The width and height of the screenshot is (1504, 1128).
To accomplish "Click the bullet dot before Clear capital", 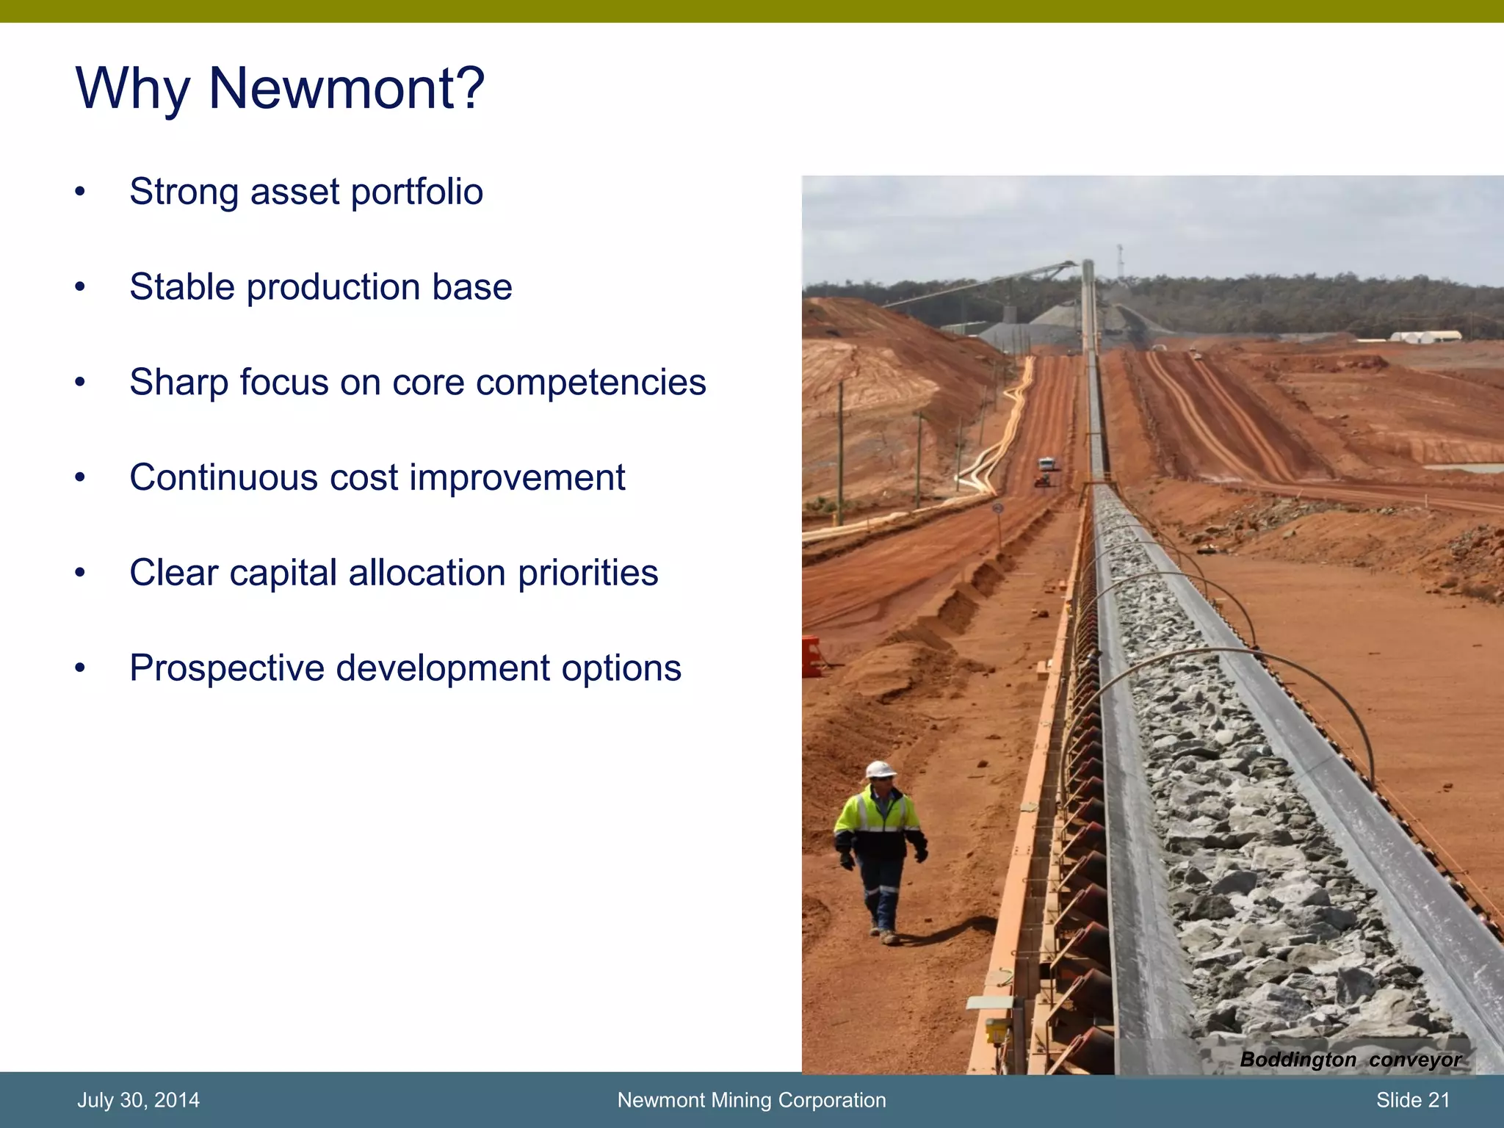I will tap(80, 573).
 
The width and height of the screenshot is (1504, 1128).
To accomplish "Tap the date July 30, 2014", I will tap(138, 1100).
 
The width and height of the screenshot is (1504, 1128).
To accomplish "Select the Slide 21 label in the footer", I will tap(1412, 1100).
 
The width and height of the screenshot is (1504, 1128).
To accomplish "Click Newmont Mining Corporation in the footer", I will tap(751, 1100).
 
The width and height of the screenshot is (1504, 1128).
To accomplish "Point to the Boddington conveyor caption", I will tap(1350, 1060).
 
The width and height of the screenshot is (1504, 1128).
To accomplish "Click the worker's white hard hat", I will tap(880, 770).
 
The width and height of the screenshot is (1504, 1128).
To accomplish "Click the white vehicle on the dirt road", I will tap(1046, 464).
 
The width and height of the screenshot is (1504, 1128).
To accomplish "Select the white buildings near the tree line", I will tap(1425, 336).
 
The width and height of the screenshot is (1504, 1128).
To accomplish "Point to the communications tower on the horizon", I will tap(1120, 261).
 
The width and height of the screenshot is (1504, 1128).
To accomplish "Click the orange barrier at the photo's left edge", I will tap(811, 656).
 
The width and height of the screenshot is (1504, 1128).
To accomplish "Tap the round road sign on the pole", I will tap(997, 507).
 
